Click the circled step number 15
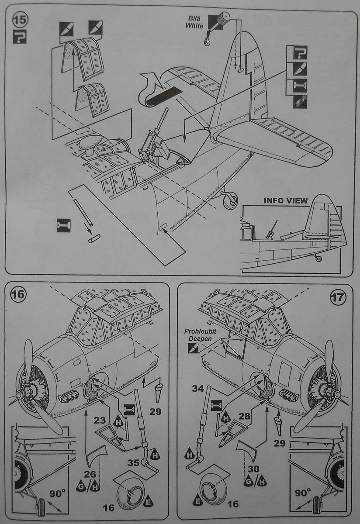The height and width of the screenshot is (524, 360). coord(20,20)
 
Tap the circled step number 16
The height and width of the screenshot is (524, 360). coord(18,294)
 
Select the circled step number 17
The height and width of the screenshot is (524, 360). coord(338,297)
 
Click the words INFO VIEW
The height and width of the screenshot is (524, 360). coord(286,200)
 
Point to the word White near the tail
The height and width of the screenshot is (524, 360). coord(194,25)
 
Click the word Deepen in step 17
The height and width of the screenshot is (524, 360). coord(197,339)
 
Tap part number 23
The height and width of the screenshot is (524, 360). coord(100,421)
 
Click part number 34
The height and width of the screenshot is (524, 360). coord(198,389)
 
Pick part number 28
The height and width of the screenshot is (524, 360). coord(244,416)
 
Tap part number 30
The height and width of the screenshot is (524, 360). coord(253,469)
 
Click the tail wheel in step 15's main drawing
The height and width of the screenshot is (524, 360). coord(230,200)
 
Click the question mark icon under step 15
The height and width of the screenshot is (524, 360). coord(20,37)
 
